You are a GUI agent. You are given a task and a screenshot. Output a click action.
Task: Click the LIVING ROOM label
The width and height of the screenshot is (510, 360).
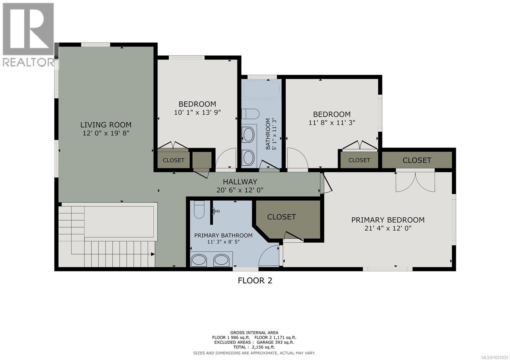(x=106, y=125)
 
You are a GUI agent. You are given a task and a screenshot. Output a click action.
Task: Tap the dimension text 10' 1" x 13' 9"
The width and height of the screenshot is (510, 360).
(x=197, y=112)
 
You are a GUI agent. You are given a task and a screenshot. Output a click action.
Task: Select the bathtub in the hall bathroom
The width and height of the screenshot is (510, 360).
(x=262, y=90)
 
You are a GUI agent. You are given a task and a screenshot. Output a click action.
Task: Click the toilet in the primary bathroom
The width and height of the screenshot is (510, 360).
(x=199, y=210)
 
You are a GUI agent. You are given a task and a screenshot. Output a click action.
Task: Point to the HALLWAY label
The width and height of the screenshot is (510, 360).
(x=240, y=182)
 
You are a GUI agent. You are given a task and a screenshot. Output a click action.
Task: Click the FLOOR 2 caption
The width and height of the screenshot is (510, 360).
(x=255, y=281)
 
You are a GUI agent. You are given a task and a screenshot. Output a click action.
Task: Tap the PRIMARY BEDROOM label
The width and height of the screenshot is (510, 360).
(x=388, y=220)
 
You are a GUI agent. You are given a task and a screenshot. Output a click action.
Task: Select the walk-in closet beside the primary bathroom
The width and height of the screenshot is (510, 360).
(x=287, y=220)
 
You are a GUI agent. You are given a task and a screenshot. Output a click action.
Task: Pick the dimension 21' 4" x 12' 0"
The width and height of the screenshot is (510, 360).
(x=388, y=228)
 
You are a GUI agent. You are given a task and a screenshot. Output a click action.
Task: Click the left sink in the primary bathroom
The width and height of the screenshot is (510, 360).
(x=199, y=260)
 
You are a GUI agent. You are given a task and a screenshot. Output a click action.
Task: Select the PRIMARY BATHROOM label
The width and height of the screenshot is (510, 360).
(x=223, y=235)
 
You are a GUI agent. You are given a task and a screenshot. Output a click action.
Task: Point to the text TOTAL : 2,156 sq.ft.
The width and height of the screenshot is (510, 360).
(x=254, y=347)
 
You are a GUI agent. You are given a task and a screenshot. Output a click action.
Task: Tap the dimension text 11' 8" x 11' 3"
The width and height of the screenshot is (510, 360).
(x=331, y=123)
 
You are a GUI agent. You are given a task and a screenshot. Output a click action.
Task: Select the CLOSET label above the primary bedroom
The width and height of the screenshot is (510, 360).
(x=417, y=160)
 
